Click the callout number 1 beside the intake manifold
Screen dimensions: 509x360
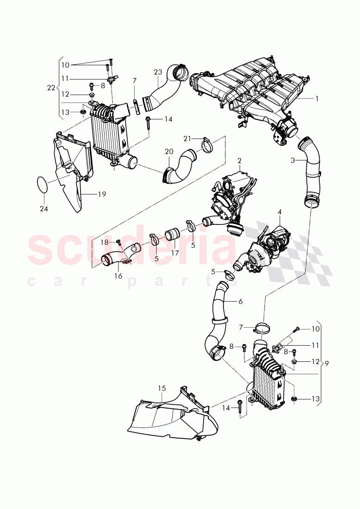[x=317, y=98]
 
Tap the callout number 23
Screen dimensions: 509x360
[x=158, y=72]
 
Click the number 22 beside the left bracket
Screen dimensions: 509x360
[x=51, y=87]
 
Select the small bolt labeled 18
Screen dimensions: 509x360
[x=118, y=242]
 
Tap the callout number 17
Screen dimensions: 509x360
[x=174, y=254]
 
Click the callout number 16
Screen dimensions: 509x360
[x=118, y=276]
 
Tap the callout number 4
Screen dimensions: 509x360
[x=279, y=212]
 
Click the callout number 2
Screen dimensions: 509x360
[x=240, y=161]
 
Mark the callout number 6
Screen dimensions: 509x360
[x=240, y=301]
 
